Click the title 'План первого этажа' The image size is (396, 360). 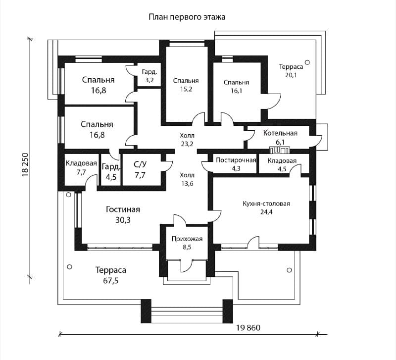187,17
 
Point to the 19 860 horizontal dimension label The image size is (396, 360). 248,328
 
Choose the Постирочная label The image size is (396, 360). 236,164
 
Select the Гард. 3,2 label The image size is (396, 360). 149,75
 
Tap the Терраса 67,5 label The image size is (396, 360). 111,275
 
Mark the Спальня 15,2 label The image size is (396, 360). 186,85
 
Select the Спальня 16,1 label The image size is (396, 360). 236,87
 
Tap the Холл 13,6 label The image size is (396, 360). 187,179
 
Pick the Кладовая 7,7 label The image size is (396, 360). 81,167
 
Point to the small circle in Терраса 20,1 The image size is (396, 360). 307,62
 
